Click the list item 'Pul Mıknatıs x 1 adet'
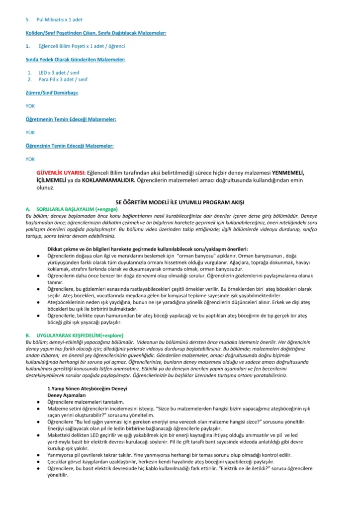59,19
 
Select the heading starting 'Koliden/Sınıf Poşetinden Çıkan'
96,33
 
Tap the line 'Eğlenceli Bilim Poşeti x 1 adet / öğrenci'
82,46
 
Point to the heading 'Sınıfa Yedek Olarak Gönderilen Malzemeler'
76,60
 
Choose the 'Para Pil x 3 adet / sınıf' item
63,79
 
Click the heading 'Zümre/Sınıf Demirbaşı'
52,92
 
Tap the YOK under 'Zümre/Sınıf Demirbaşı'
30,106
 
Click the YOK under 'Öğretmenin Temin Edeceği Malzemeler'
30,133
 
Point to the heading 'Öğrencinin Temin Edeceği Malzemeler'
70,146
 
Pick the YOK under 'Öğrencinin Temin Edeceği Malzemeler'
30,160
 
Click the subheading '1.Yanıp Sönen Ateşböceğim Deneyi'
88,388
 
